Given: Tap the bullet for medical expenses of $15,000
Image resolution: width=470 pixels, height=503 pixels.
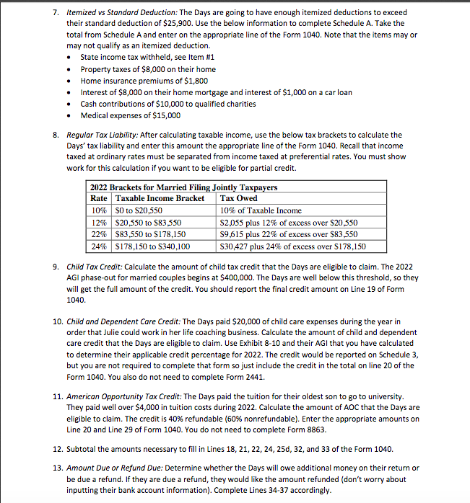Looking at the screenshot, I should pos(130,115).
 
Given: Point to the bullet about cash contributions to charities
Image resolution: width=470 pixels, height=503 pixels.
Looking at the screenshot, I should pos(167,104).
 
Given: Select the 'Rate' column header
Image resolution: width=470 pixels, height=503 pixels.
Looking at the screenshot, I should pos(99,199).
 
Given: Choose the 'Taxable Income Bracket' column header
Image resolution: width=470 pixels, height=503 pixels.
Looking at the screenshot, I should pos(160,199).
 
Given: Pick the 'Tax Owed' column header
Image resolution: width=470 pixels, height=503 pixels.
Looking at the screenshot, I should pos(239,199).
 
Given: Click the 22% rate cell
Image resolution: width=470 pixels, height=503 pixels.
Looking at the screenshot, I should pos(99,234).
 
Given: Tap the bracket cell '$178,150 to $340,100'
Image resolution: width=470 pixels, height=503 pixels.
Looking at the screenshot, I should pos(155,246).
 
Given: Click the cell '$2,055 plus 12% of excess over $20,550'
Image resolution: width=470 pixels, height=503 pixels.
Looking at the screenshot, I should pos(289,223).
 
